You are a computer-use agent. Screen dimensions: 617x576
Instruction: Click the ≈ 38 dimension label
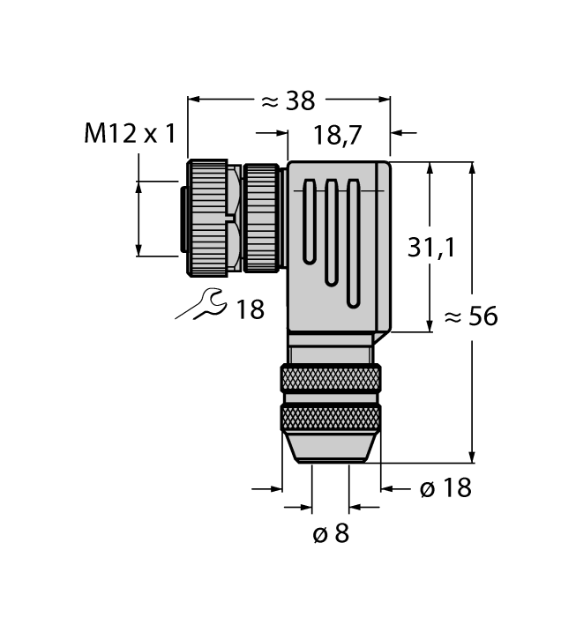(x=288, y=100)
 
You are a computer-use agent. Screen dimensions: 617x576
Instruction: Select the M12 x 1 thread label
(x=131, y=134)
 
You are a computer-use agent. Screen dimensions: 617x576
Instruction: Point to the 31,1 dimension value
(x=431, y=249)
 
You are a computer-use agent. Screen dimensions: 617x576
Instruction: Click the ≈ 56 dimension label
(x=471, y=316)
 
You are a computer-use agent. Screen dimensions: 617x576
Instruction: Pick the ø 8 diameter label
(x=331, y=533)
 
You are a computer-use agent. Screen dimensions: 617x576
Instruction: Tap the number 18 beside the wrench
(x=251, y=308)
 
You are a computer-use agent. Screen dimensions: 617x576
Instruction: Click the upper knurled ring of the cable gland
(x=332, y=380)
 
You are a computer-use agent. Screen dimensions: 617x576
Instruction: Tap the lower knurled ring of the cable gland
(x=332, y=417)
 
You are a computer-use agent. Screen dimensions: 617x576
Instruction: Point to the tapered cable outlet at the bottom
(x=332, y=447)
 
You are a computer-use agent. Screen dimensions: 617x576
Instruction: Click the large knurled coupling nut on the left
(x=206, y=217)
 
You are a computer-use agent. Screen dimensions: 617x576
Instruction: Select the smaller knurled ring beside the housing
(x=261, y=217)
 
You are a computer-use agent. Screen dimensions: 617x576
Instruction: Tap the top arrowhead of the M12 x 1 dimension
(x=138, y=185)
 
